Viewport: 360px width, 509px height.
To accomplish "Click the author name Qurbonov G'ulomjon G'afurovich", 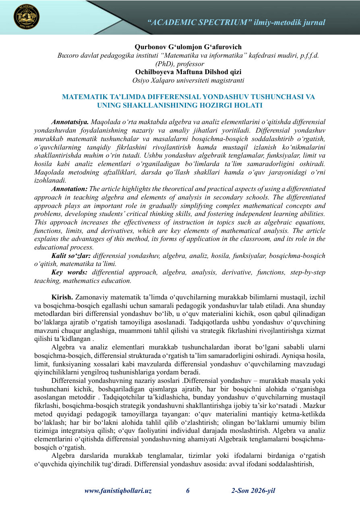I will coord(188,47).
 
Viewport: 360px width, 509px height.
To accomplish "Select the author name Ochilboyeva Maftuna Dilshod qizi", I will coord(188,72).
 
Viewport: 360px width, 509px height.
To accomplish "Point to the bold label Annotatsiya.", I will coord(70,121).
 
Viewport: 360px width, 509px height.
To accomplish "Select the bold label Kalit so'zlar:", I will coord(71,256).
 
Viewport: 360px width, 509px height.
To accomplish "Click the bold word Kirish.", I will coord(62,297).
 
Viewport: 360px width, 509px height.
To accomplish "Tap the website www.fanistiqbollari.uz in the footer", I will coord(118,491).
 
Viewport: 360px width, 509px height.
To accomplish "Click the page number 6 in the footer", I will coord(188,491).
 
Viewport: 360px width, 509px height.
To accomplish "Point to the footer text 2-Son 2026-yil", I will coord(253,491).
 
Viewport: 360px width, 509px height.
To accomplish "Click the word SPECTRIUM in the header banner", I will coord(222,23).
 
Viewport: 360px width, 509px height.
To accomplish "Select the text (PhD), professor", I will coord(180,64).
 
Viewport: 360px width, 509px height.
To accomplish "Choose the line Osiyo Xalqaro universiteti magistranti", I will coord(188,80).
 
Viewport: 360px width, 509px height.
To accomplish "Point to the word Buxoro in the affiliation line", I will coord(68,56).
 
